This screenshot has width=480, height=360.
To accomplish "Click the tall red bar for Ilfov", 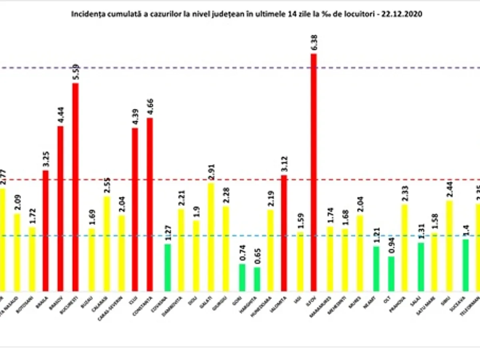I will coord(314,172).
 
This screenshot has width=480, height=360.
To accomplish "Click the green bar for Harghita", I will coord(257,279).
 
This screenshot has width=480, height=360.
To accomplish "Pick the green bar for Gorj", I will coord(242,277).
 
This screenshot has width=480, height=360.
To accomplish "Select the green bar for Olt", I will coord(391,274).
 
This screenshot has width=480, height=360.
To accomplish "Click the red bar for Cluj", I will coord(135,209).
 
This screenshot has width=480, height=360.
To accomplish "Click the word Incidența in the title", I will coord(85,14).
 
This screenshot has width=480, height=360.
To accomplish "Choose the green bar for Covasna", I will coord(168,267).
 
